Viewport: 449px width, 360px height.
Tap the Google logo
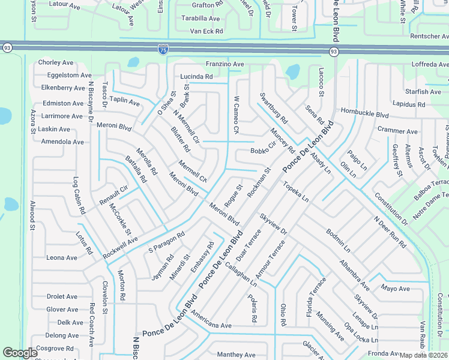coord(20,353)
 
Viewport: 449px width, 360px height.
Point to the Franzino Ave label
coord(224,64)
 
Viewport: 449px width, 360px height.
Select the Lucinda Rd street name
coord(196,77)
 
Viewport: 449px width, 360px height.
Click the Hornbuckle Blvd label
coord(365,115)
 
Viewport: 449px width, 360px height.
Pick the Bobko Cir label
coord(263,148)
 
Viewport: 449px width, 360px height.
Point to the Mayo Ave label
coord(395,289)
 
